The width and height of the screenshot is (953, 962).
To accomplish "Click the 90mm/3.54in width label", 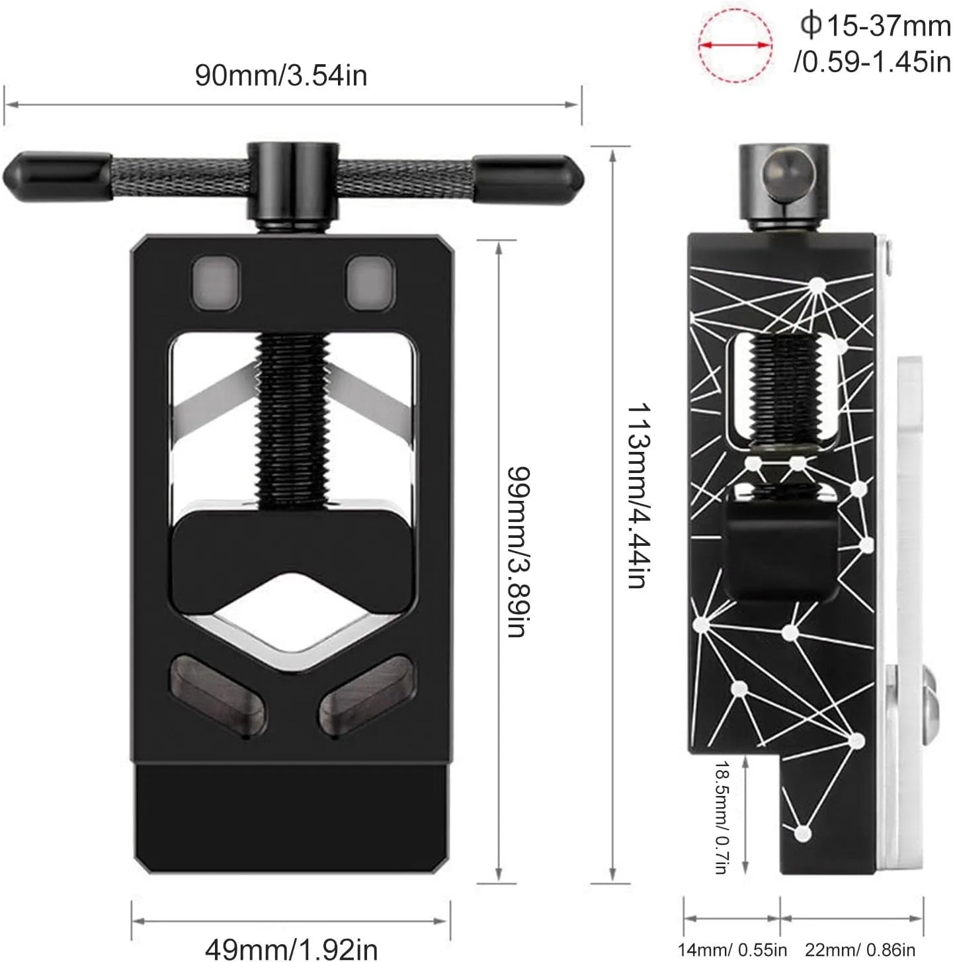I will [281, 75].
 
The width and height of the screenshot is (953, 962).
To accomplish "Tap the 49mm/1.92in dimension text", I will [291, 948].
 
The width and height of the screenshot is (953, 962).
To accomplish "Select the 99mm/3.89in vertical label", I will [519, 551].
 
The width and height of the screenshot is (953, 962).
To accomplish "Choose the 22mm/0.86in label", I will [860, 950].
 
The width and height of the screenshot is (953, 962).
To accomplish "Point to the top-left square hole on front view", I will [215, 283].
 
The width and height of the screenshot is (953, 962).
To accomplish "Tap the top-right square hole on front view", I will [371, 283].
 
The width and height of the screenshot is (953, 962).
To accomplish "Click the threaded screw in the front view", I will [291, 417].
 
